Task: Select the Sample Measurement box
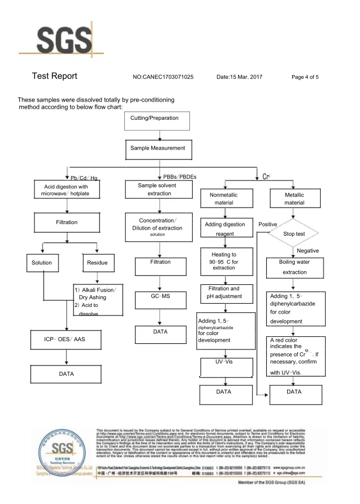coord(158,148)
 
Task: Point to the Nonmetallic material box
coord(224,199)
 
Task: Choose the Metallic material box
coord(294,199)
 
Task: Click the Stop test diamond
coord(294,234)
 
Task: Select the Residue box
coord(97,263)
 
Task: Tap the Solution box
coord(41,263)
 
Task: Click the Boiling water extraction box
coord(294,267)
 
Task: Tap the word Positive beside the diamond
coord(268,225)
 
